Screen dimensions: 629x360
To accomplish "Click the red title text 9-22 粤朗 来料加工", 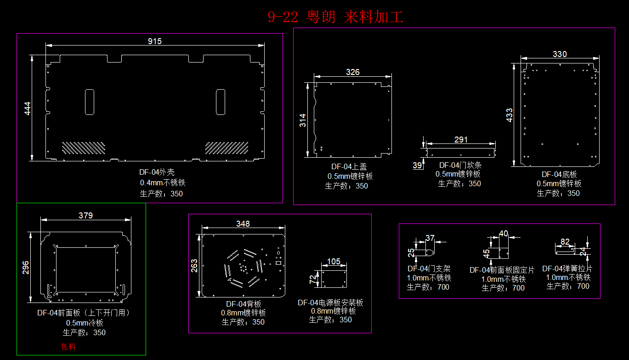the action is (x=335, y=17).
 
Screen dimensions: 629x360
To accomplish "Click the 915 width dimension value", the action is (x=155, y=41).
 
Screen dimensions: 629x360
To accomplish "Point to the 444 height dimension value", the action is (x=27, y=109).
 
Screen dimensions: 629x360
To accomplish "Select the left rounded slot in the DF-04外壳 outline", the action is (x=90, y=102).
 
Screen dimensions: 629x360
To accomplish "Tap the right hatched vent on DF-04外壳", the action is (x=227, y=148).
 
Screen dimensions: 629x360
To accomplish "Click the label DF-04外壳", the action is (x=157, y=172).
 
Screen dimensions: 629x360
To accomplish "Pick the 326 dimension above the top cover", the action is (x=353, y=72).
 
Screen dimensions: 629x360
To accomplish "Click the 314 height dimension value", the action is (x=302, y=120).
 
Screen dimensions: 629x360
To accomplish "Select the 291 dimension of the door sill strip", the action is (x=461, y=140).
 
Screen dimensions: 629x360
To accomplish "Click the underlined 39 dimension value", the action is (x=417, y=165).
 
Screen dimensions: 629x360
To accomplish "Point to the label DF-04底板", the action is (x=559, y=175).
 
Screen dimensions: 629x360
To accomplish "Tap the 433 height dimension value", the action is (x=509, y=115).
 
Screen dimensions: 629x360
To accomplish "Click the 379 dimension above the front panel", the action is (x=85, y=216).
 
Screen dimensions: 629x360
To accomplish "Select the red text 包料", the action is (x=68, y=347).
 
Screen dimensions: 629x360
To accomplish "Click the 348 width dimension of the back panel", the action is (x=243, y=224).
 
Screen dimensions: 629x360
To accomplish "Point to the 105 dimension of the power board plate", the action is (x=334, y=262).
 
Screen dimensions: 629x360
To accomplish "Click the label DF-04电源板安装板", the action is (x=330, y=303).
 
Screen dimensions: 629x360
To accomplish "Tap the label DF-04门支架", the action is (x=429, y=269).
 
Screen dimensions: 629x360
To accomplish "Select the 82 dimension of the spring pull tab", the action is (x=565, y=242).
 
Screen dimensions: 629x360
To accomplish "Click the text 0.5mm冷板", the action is (x=85, y=323).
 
